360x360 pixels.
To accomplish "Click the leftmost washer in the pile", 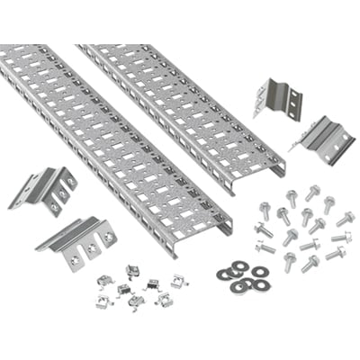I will [x=222, y=274].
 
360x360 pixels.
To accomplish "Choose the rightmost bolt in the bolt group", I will [x=346, y=219].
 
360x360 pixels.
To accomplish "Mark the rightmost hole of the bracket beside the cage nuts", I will [x=108, y=236].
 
